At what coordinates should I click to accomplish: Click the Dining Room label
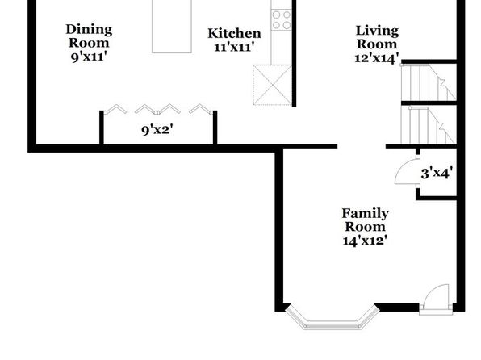pos(89,36)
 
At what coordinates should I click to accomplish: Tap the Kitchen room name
pos(234,33)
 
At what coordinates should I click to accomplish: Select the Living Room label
pos(377,37)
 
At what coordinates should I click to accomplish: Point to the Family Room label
pos(365,220)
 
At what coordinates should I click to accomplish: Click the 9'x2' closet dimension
pos(157,130)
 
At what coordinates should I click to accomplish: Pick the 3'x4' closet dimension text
pos(437,174)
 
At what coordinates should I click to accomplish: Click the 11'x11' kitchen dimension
pos(234,48)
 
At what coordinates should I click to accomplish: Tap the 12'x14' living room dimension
pos(377,57)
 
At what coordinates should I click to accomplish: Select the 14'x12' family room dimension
pos(365,241)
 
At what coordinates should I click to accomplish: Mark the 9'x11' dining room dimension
pos(89,57)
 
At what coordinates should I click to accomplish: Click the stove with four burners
pos(282,19)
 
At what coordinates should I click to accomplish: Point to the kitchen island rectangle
pos(172,27)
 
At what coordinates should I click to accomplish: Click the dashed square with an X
pos(273,85)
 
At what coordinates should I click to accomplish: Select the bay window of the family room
pos(333,318)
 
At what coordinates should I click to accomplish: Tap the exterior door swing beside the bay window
pos(436,299)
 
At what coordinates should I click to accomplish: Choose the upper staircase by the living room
pos(429,82)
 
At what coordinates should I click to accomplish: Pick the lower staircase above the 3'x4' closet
pos(429,125)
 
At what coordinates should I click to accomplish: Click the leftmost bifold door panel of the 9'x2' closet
pos(115,109)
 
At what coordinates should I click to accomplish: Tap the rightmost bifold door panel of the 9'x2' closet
pos(201,109)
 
